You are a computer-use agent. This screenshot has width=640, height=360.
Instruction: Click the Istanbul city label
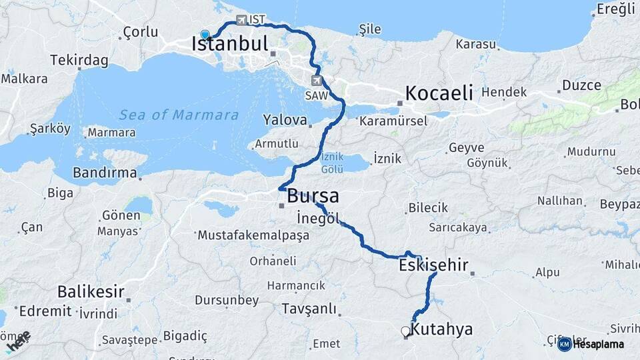(x=229, y=45)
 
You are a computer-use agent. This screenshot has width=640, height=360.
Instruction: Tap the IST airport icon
(x=241, y=20)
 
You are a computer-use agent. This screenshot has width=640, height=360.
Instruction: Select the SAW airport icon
(x=316, y=81)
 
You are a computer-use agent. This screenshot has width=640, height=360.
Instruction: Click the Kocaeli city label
(x=439, y=92)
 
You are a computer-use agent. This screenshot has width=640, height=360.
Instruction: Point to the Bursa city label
(x=313, y=197)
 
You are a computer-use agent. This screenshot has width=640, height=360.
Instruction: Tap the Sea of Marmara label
(x=179, y=115)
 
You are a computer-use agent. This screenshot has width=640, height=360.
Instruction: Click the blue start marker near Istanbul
(x=205, y=35)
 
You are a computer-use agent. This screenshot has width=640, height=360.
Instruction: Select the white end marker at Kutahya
(x=405, y=331)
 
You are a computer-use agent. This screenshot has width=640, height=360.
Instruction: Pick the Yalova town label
(x=285, y=121)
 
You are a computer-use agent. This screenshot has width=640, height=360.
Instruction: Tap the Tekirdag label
(x=82, y=60)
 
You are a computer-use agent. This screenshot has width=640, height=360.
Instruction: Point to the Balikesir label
(x=91, y=291)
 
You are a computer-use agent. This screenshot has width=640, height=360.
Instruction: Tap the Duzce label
(x=581, y=85)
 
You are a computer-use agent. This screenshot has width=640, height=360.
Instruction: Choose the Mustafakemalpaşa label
(x=253, y=235)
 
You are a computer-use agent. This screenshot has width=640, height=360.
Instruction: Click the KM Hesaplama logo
(x=591, y=344)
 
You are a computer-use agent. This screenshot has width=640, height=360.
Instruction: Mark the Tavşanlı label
(x=308, y=309)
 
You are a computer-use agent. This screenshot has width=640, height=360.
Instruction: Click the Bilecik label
(x=428, y=208)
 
